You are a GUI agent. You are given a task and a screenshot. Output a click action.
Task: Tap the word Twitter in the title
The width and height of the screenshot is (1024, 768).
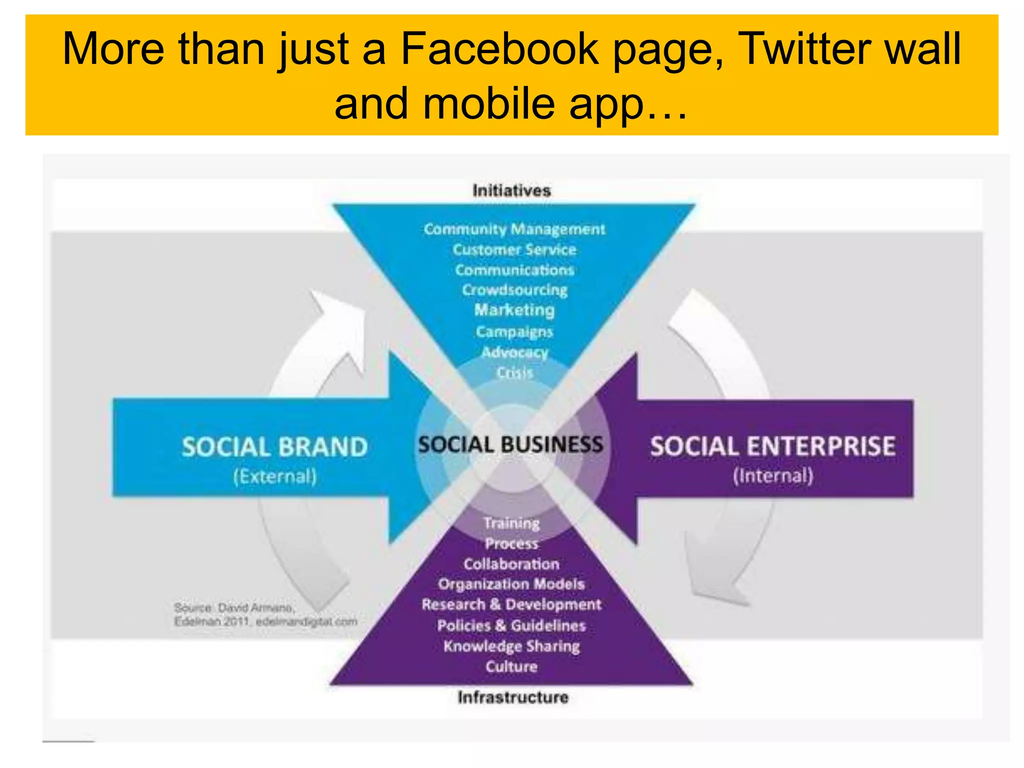[x=798, y=49]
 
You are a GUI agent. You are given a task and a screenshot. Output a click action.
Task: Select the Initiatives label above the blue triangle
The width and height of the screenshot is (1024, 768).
[x=511, y=190]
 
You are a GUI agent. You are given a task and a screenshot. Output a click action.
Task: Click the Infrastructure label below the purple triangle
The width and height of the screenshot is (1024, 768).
[x=513, y=697]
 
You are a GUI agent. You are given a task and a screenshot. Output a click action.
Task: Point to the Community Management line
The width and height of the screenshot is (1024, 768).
[x=514, y=229]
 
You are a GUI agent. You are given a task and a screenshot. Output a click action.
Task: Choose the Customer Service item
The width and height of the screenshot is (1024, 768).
[x=514, y=249]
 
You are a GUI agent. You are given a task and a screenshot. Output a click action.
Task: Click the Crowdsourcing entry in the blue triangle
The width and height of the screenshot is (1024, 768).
[x=514, y=290]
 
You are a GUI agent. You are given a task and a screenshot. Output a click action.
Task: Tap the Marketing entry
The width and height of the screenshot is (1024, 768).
[x=514, y=310]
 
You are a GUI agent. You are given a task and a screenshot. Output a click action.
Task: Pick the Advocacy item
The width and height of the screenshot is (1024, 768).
[x=514, y=352]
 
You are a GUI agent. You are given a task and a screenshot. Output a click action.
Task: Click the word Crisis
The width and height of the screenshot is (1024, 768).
[x=514, y=372]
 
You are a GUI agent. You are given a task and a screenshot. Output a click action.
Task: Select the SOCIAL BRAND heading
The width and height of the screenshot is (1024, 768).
[x=274, y=446]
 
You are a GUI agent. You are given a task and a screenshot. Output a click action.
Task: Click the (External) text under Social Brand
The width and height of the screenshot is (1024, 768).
[x=274, y=476]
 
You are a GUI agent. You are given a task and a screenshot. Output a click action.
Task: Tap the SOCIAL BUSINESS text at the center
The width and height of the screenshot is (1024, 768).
[x=510, y=444]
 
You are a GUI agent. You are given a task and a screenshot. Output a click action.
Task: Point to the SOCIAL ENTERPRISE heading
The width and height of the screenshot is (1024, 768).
[x=772, y=446]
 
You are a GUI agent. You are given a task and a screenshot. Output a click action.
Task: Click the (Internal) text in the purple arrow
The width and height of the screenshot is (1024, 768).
[x=772, y=475]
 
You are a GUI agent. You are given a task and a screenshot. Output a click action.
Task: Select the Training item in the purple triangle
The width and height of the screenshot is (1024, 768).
[x=511, y=523]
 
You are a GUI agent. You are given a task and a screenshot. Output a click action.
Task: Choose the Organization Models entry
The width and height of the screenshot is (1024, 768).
[x=511, y=584]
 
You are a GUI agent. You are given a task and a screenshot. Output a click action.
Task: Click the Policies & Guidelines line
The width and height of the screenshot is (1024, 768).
[x=511, y=625]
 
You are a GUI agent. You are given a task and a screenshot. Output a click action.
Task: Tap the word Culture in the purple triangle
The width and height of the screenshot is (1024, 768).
[x=511, y=666]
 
